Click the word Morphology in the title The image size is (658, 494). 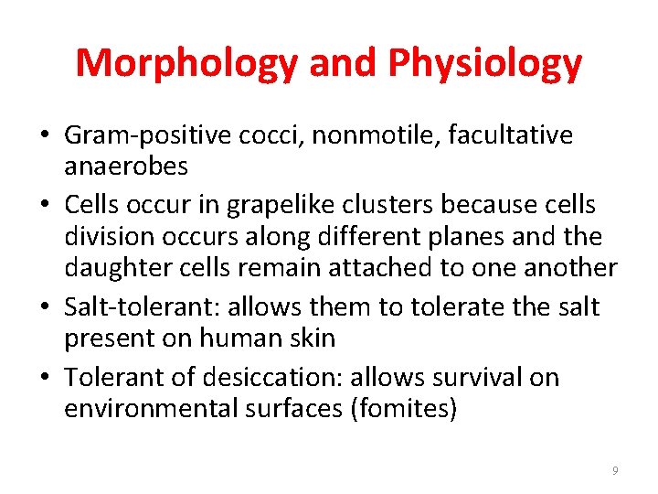tap(187, 63)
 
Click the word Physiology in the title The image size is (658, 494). tap(484, 63)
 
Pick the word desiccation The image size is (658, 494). tap(288, 377)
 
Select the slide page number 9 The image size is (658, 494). tap(615, 470)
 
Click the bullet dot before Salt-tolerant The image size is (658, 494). tap(45, 308)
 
